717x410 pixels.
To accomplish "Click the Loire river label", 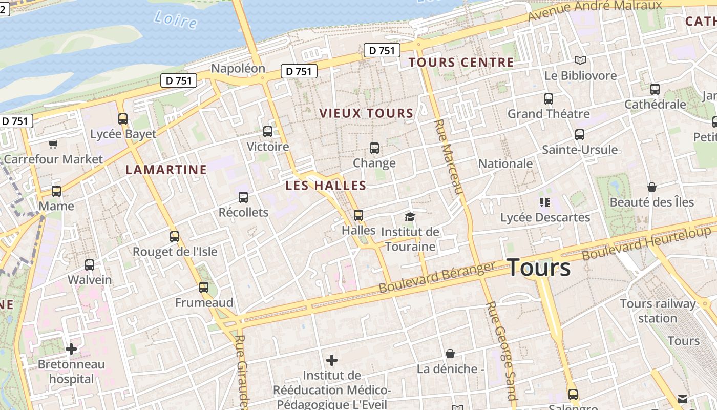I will (x=175, y=19).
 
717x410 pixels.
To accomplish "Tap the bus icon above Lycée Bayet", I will (x=123, y=119).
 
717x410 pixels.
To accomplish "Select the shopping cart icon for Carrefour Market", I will (x=53, y=145).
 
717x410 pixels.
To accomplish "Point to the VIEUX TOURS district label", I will (x=366, y=113).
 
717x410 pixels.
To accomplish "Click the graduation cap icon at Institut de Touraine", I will (x=410, y=217).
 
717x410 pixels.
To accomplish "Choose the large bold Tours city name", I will (x=539, y=268).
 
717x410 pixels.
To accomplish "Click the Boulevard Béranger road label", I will (x=437, y=277).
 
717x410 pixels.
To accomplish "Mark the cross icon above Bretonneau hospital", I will (x=71, y=350).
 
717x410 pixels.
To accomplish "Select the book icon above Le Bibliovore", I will (x=580, y=60).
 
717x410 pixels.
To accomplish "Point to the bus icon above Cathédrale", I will (x=655, y=89).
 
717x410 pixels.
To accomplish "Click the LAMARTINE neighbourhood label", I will (x=166, y=170).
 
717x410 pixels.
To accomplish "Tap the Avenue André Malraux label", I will (x=595, y=9).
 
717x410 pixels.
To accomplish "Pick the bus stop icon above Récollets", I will (x=243, y=197).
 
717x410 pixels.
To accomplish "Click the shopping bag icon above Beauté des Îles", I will (x=652, y=187).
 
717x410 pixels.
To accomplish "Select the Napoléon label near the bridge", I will (x=238, y=69).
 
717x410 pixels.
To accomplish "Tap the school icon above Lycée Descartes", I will (x=544, y=202).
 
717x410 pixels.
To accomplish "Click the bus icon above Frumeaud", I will (x=204, y=288).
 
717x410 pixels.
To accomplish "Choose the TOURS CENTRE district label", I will (x=461, y=63).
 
